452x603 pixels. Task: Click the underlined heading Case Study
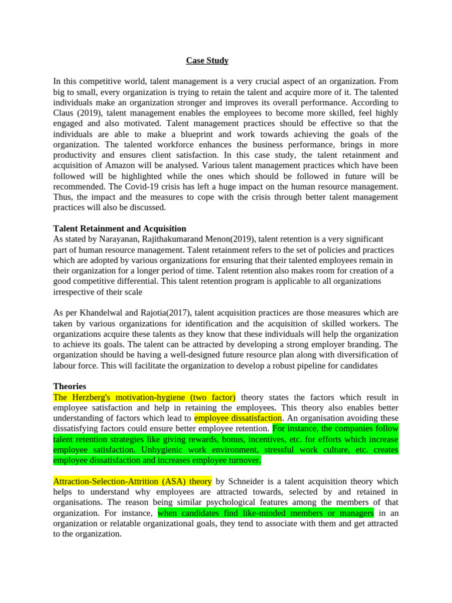click(x=207, y=61)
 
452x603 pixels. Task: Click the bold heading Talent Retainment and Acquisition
click(x=119, y=228)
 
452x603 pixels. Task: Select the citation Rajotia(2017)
click(x=165, y=313)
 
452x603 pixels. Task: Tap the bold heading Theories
click(x=69, y=386)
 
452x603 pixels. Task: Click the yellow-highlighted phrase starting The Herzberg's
click(x=144, y=397)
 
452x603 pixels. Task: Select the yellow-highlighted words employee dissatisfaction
click(x=238, y=418)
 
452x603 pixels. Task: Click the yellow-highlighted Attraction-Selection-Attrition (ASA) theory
click(x=132, y=481)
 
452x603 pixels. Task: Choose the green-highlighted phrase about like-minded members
click(x=265, y=513)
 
